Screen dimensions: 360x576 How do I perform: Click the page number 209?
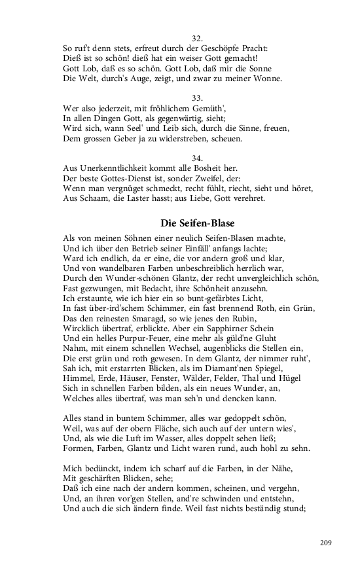[x=327, y=542]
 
